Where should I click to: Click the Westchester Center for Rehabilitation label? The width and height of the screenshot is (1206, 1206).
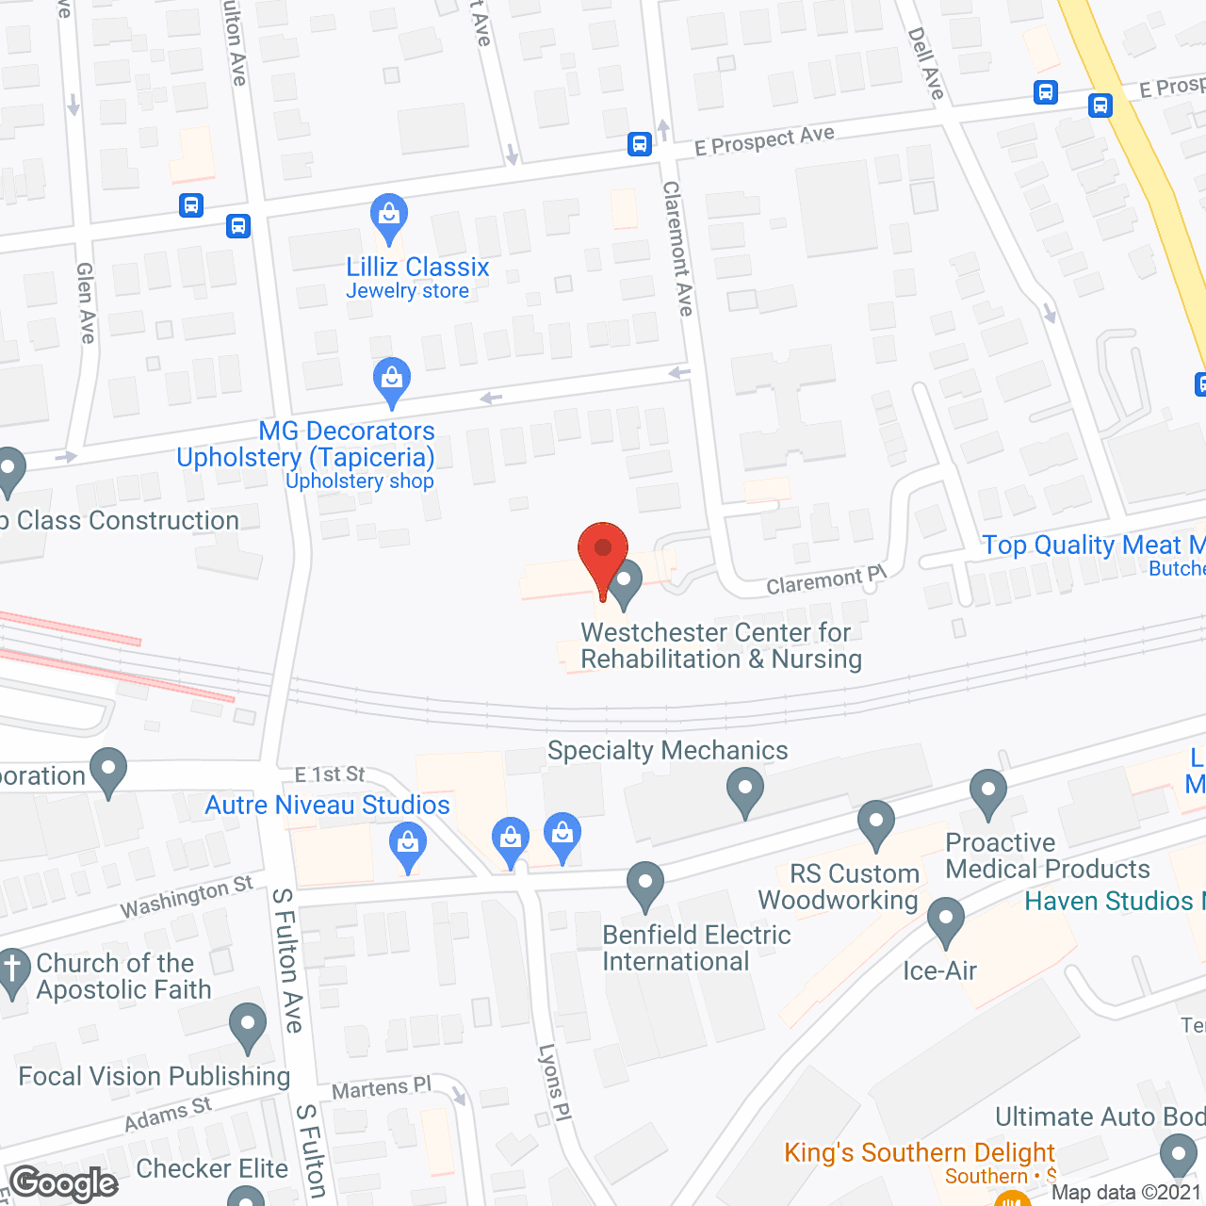pos(721,645)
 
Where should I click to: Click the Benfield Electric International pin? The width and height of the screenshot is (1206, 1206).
pos(645,885)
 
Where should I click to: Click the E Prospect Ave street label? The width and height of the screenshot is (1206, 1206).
pos(764,141)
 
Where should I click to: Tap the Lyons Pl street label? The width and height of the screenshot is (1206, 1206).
pos(555,1082)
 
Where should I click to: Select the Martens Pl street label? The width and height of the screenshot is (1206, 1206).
pos(382,1089)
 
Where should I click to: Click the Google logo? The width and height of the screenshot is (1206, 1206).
pos(64,1183)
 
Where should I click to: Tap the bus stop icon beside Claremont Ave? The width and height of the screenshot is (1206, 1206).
pos(640,144)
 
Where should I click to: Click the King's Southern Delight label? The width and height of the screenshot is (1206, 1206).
pos(920,1152)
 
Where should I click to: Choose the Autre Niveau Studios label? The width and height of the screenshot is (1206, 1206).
pos(328,805)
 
